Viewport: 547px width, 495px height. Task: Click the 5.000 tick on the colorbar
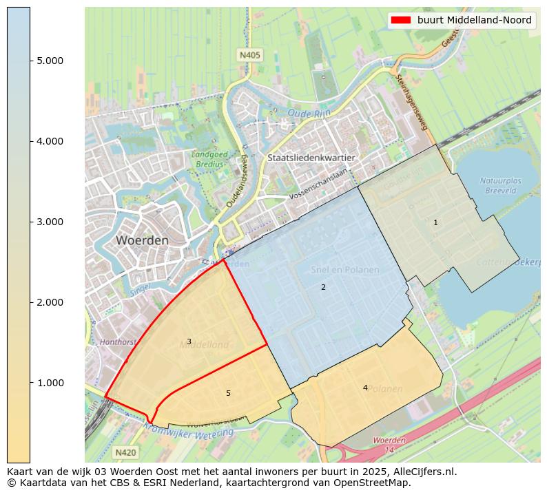50,61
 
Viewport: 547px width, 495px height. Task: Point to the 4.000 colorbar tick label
50,141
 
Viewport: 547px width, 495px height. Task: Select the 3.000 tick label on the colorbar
50,222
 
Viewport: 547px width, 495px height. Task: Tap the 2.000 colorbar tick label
50,302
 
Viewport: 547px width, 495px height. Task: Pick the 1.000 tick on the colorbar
50,383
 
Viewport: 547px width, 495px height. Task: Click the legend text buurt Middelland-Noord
474,20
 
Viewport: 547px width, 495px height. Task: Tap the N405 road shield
250,54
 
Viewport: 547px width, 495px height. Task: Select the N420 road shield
125,452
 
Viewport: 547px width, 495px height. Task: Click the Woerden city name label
142,241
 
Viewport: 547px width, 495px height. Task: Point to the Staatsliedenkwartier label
311,158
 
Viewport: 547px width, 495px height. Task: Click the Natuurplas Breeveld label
501,185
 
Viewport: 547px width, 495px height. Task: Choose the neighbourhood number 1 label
435,222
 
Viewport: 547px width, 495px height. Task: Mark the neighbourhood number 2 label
323,287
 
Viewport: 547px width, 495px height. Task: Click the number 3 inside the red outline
189,341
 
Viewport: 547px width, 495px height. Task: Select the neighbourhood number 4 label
365,388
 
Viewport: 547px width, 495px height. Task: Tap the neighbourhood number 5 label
228,393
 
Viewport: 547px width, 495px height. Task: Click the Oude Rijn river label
309,112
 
